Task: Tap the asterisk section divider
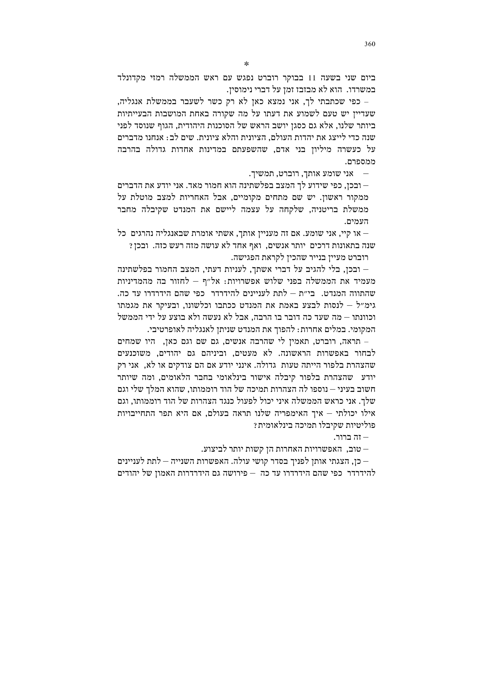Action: tap(247, 64)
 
